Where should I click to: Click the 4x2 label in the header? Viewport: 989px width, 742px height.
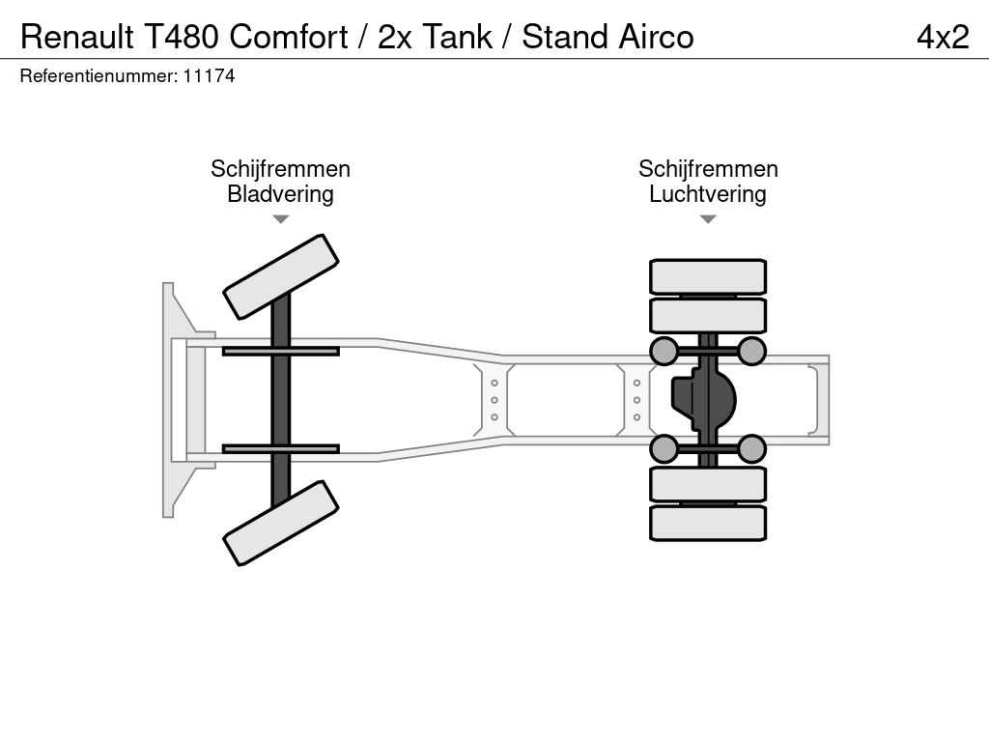tap(943, 38)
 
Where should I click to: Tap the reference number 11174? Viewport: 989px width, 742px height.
tap(209, 76)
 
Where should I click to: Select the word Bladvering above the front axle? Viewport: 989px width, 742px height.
tap(280, 193)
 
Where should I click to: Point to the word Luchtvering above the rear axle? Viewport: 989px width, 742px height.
tap(708, 193)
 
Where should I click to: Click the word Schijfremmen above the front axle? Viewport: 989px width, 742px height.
tap(280, 168)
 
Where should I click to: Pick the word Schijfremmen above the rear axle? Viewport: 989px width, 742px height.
tap(708, 168)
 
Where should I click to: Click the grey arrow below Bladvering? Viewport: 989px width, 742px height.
tap(281, 219)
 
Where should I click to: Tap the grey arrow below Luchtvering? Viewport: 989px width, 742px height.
tap(708, 219)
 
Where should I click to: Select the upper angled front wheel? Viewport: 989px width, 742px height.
tap(281, 277)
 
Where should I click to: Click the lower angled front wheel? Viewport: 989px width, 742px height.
tap(281, 523)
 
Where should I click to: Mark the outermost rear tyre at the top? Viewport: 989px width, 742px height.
tap(708, 276)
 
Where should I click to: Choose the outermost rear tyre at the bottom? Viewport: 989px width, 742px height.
tap(708, 523)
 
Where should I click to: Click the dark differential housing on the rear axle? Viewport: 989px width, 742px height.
tap(703, 399)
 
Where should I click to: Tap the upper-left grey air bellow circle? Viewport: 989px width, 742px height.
tap(664, 351)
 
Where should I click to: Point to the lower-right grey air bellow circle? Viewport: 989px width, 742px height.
tap(751, 448)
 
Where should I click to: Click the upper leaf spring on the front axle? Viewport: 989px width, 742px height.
tap(281, 351)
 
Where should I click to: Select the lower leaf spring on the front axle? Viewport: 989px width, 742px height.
tap(281, 448)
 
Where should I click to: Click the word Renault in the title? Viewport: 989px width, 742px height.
tap(77, 38)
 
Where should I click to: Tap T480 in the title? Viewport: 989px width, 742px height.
tap(182, 38)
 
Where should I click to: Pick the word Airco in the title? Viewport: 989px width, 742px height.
tap(656, 38)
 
